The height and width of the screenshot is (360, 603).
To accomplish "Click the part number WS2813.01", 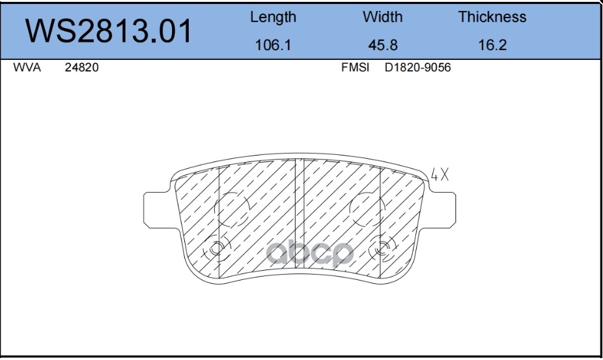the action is click(108, 31).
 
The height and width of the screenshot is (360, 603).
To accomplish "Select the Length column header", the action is click(273, 18).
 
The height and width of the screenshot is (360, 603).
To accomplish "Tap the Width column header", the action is click(383, 17).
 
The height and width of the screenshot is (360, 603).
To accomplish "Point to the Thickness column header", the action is click(492, 17).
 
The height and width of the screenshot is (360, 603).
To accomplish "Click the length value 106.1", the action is click(273, 45).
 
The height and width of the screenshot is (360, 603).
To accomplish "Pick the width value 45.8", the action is click(383, 45).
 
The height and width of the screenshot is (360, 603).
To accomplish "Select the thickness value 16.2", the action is click(492, 45).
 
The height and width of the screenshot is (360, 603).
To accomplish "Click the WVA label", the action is click(27, 67).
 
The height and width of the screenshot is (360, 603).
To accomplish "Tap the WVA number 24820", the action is click(81, 67).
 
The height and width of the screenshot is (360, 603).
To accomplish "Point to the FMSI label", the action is click(355, 67).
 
